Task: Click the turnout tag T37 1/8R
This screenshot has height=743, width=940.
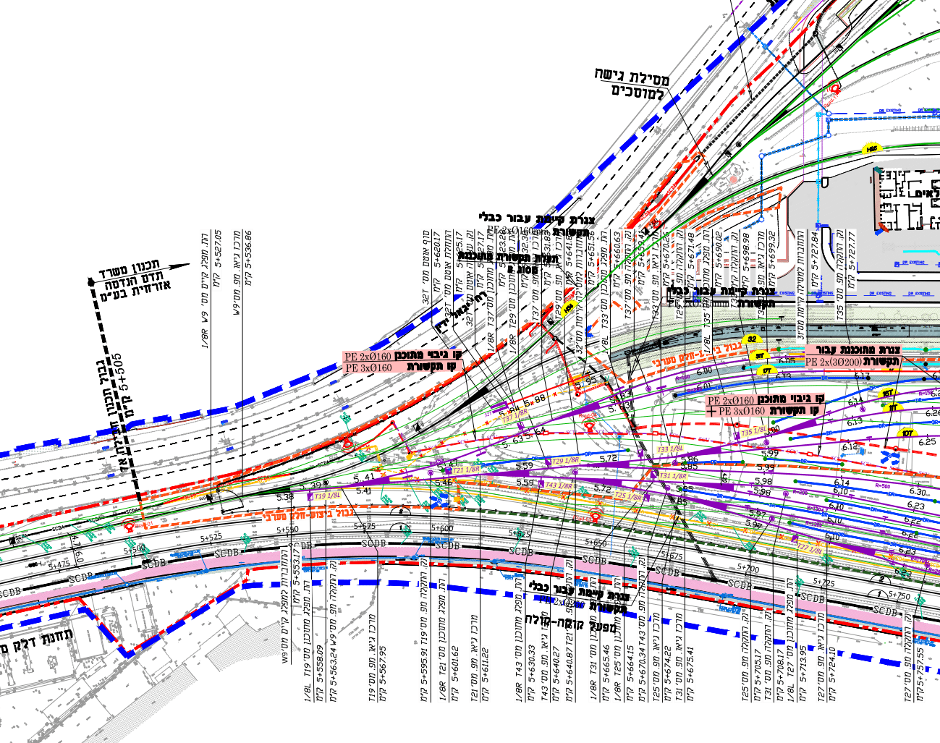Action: [x=515, y=415]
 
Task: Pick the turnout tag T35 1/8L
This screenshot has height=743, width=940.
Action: [x=755, y=432]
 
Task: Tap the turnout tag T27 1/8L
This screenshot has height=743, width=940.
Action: [x=811, y=549]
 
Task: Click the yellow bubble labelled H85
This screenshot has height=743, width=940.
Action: [x=872, y=149]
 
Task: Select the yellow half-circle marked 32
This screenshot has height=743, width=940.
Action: [x=753, y=339]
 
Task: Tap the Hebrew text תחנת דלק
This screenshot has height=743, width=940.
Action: [x=43, y=640]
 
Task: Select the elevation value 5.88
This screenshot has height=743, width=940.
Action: [x=536, y=398]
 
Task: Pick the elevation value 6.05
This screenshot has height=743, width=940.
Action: [x=787, y=360]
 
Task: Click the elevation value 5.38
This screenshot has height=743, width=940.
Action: [x=285, y=497]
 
